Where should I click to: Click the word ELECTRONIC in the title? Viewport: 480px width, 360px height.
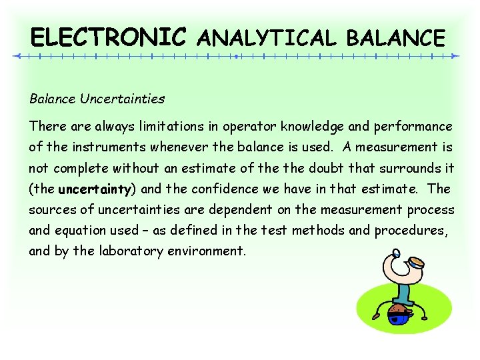(109, 37)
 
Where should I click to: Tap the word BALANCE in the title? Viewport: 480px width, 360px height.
(395, 38)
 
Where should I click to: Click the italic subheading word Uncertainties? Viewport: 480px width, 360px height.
(122, 99)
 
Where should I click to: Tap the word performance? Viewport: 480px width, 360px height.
(414, 126)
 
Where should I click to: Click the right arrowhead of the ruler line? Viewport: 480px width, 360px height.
(456, 57)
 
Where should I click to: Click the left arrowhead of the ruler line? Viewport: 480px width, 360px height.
(18, 57)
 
